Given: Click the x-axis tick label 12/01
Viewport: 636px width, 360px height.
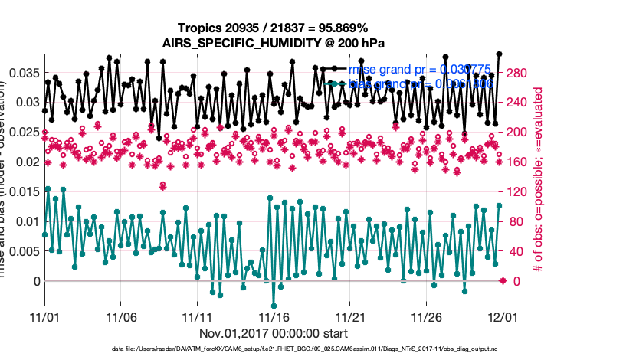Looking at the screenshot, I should point(501,316).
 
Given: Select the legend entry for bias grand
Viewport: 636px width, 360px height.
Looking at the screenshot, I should point(425,83).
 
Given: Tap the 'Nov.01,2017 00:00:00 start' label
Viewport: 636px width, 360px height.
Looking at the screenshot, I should point(274,333).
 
